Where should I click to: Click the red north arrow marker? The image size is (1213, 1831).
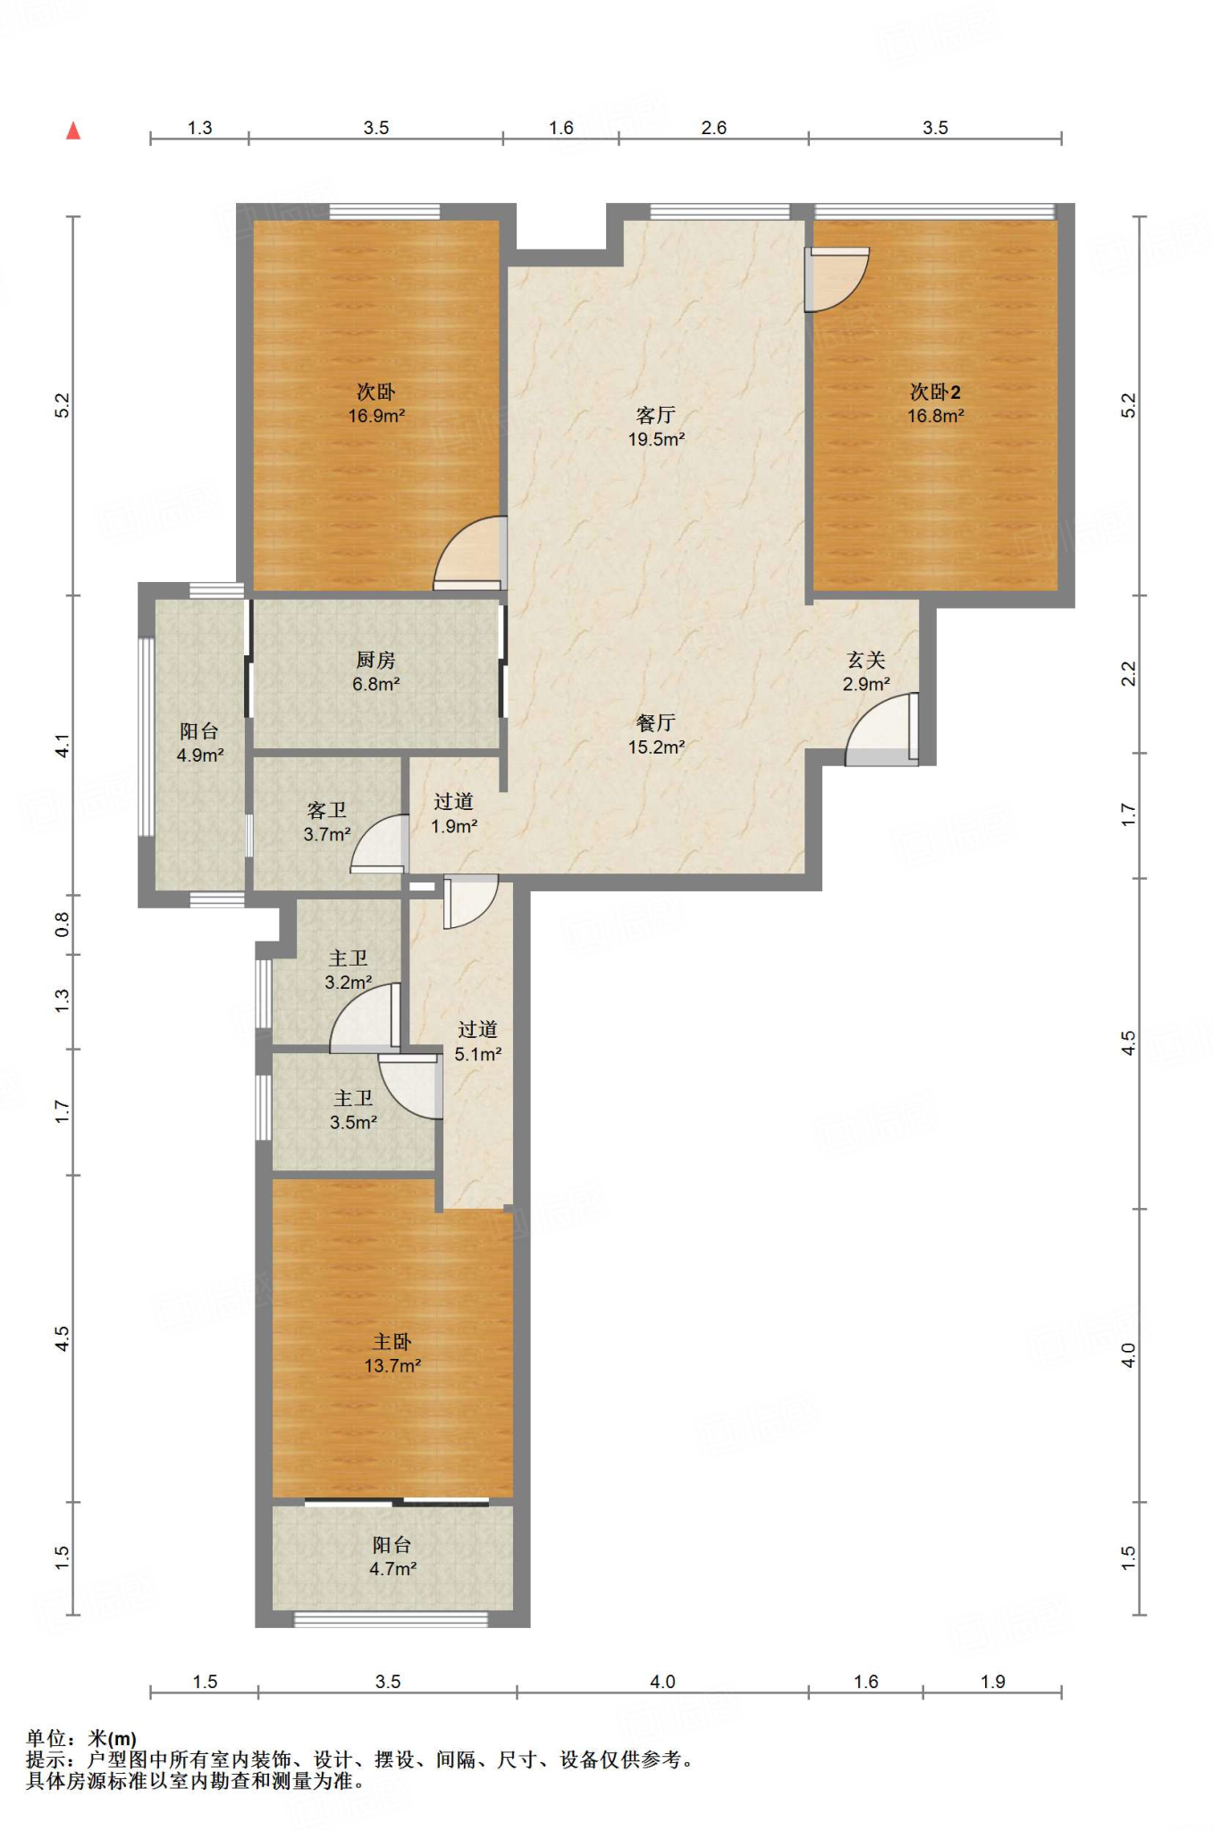(x=73, y=131)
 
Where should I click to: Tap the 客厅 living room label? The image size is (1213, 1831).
(x=655, y=415)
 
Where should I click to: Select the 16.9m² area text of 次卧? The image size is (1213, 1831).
(x=376, y=416)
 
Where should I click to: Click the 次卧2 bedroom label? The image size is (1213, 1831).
(x=935, y=392)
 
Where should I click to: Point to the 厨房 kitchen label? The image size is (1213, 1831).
(x=375, y=660)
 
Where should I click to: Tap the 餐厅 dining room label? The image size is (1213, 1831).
(x=655, y=722)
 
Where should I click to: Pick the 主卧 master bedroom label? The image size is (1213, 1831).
(x=392, y=1341)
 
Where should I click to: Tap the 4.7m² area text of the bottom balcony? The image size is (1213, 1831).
(x=393, y=1568)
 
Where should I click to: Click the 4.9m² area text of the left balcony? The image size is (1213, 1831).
(x=200, y=755)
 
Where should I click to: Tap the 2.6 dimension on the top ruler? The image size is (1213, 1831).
(x=713, y=128)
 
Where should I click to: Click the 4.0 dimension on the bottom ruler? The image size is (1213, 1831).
(x=662, y=1682)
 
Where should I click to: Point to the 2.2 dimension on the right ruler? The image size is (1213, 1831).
(x=1129, y=673)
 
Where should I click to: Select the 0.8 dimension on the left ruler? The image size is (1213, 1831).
(x=62, y=924)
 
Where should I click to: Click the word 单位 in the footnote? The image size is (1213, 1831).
(x=46, y=1738)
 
